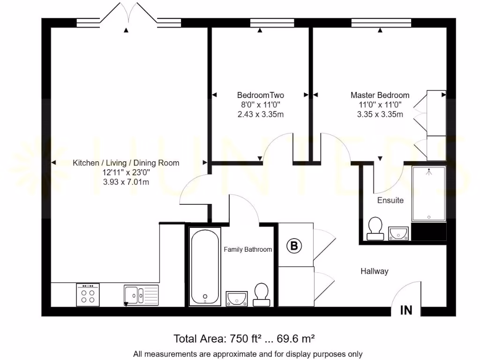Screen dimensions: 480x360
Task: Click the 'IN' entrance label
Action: point(406,310)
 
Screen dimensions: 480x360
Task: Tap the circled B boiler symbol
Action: point(294,246)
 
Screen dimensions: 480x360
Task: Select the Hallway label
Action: point(375,271)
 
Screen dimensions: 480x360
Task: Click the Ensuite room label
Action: point(390,200)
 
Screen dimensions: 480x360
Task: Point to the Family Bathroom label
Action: point(247,249)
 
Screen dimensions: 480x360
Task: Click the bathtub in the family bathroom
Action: point(205,266)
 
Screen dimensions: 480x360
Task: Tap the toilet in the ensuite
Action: point(375,229)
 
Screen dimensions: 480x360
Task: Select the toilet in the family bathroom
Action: point(262,294)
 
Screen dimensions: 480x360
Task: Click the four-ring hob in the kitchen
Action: point(88,294)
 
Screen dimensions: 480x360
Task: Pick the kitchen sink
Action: point(141,295)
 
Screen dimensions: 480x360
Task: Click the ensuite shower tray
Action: point(428,194)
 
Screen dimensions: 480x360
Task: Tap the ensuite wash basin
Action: point(398,233)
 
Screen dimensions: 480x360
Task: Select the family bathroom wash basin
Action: point(236,299)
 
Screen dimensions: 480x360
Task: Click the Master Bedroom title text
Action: point(380,95)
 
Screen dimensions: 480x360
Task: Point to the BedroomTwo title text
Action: point(261,95)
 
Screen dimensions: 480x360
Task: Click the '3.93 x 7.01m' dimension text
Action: point(126,182)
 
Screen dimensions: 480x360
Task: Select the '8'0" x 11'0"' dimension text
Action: point(261,105)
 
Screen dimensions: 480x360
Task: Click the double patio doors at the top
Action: point(128,15)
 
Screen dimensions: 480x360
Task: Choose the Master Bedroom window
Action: point(381,23)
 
